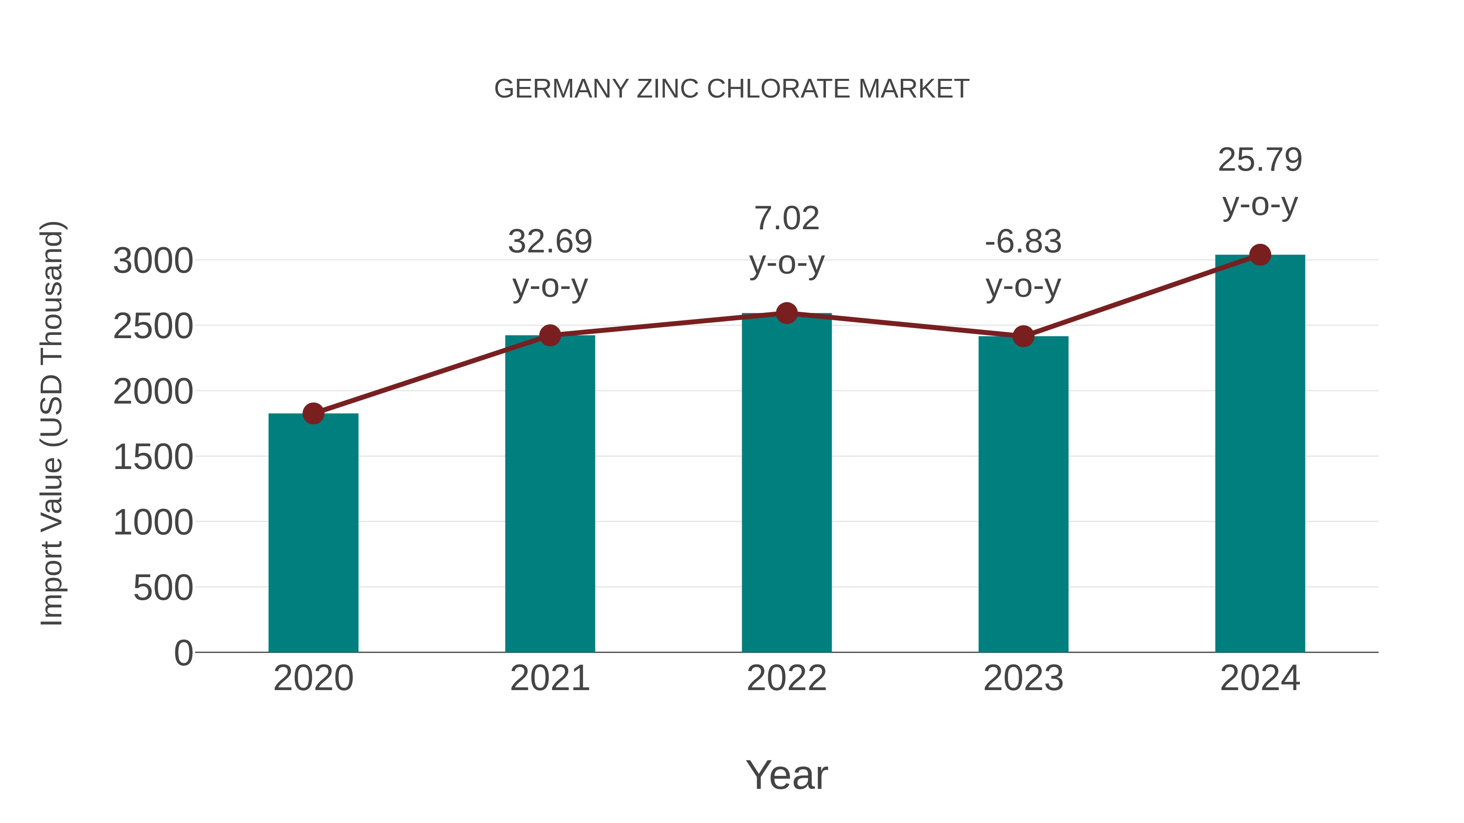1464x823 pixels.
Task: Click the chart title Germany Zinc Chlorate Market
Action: tap(732, 89)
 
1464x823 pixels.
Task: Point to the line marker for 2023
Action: tap(1023, 336)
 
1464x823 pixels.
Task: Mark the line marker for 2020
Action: tap(313, 413)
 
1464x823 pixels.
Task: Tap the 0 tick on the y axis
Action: tap(183, 653)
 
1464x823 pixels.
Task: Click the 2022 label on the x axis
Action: tap(786, 678)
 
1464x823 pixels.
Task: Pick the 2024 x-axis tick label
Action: tap(1260, 678)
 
